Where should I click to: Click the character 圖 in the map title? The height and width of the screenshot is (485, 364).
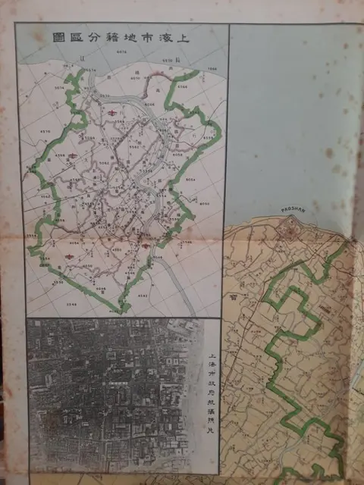click(x=58, y=36)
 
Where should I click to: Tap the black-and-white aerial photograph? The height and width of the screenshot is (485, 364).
click(x=110, y=394)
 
